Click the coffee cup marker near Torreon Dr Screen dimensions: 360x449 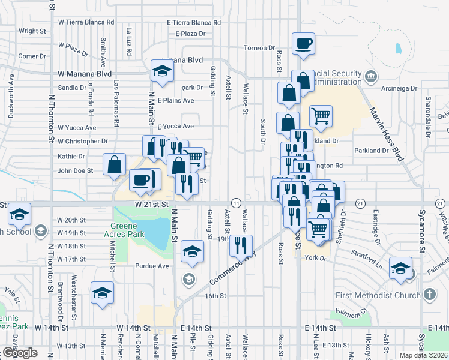(x=303, y=43)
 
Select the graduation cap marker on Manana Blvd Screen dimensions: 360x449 (x=161, y=71)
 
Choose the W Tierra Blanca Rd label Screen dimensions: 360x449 (x=86, y=22)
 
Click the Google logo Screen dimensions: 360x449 (x=20, y=353)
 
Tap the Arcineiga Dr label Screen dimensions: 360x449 (x=398, y=88)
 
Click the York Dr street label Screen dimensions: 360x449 (x=315, y=258)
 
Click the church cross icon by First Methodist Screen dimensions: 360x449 (x=429, y=294)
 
